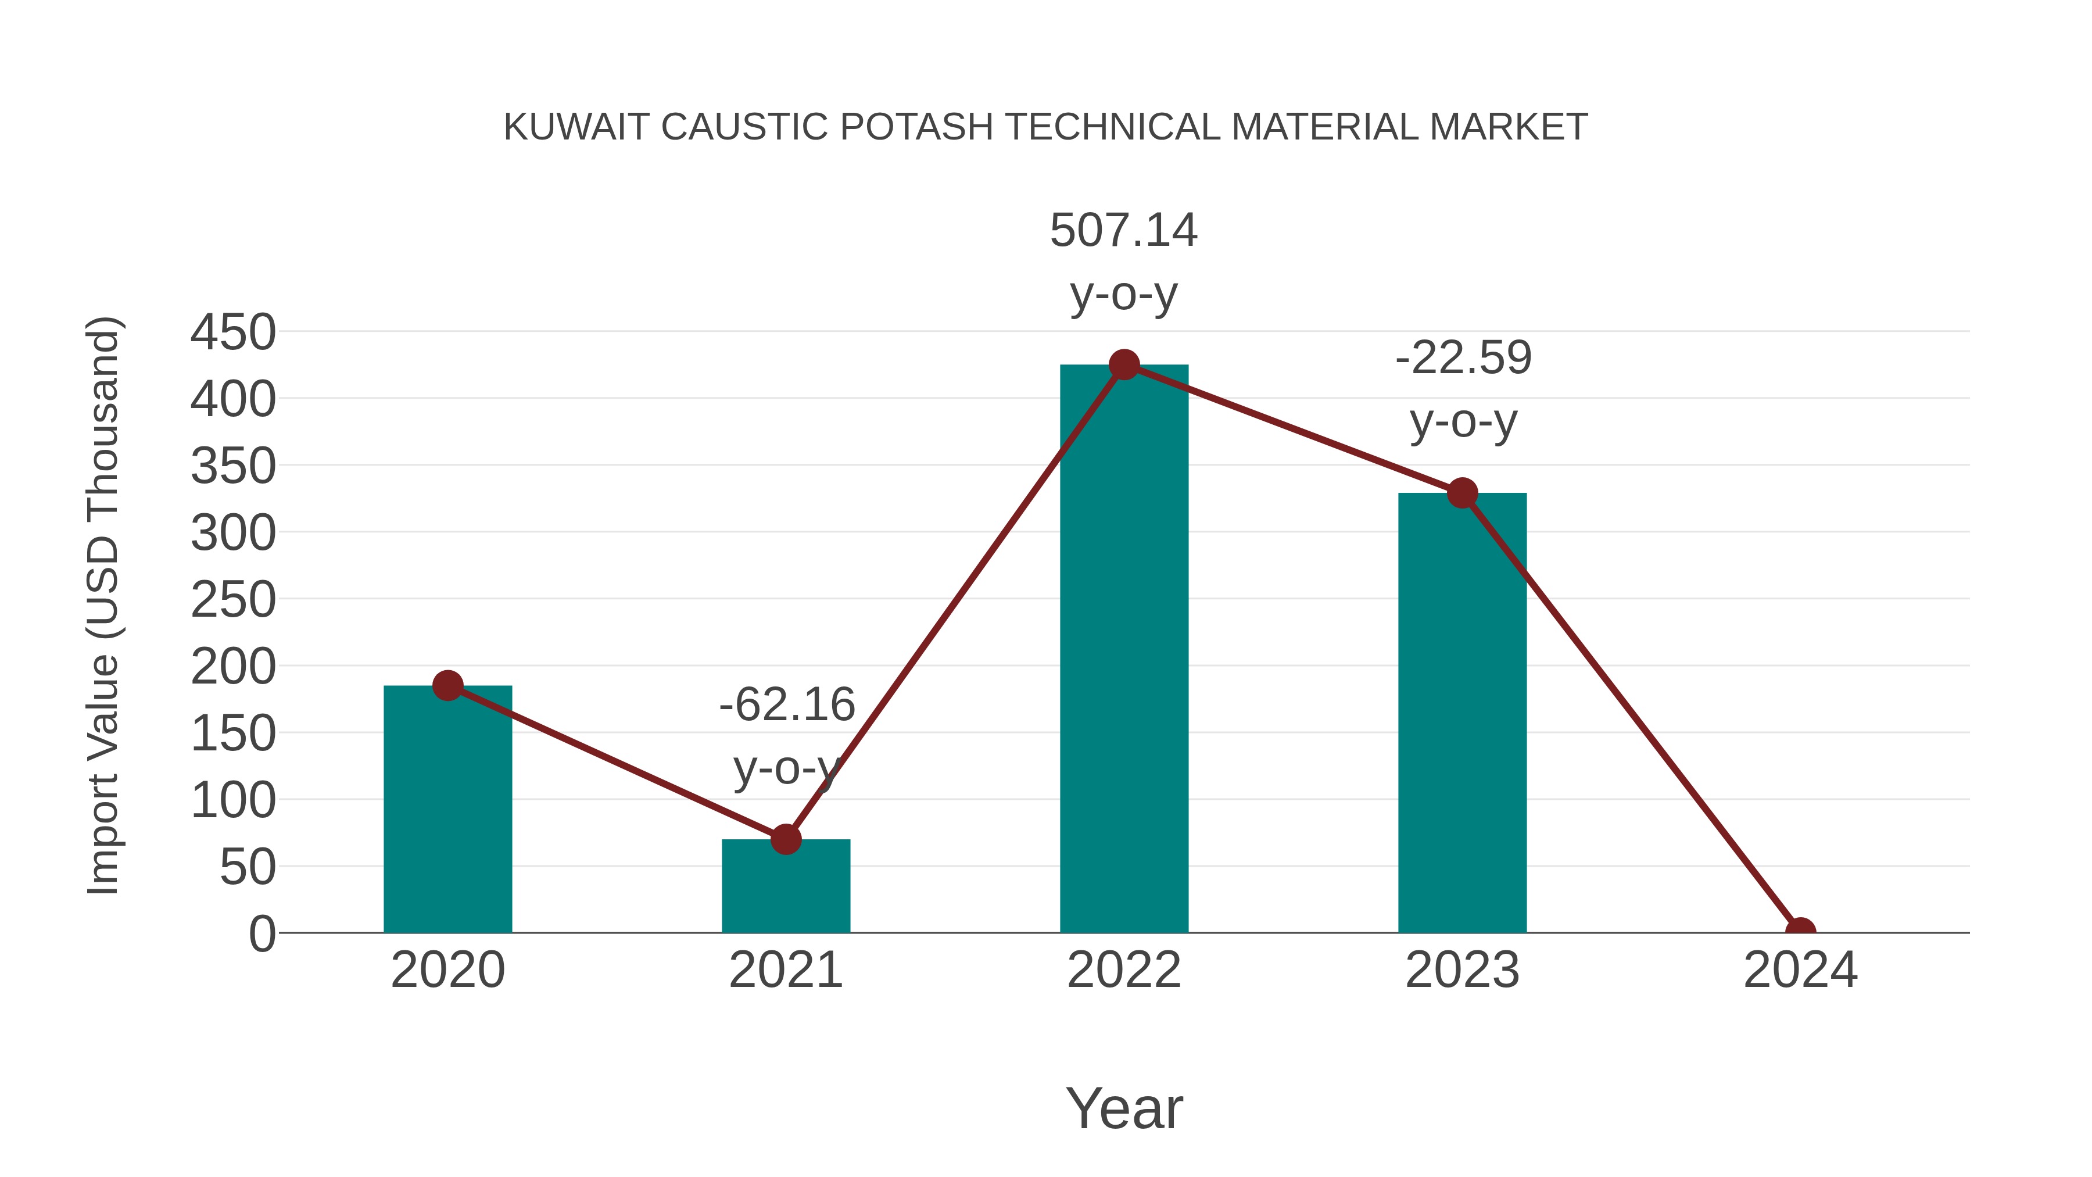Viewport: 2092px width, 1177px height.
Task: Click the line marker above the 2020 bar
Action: point(447,686)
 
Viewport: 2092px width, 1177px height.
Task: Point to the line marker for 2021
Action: point(785,839)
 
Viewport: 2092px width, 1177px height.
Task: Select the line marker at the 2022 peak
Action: point(1124,364)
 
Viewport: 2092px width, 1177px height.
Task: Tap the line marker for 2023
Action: point(1462,493)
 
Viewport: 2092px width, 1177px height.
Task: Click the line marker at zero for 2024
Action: point(1800,931)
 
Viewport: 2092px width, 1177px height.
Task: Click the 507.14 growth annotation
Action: point(1123,230)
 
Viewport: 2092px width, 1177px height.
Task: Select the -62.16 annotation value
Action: point(787,704)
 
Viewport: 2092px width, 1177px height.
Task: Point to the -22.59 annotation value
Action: point(1463,358)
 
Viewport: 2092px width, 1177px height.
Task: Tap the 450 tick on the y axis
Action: point(233,332)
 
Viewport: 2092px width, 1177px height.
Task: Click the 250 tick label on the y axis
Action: point(233,600)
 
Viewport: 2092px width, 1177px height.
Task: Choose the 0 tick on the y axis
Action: point(262,934)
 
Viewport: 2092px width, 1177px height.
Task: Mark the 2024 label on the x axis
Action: point(1800,970)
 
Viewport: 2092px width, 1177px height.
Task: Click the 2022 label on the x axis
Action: point(1124,970)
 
